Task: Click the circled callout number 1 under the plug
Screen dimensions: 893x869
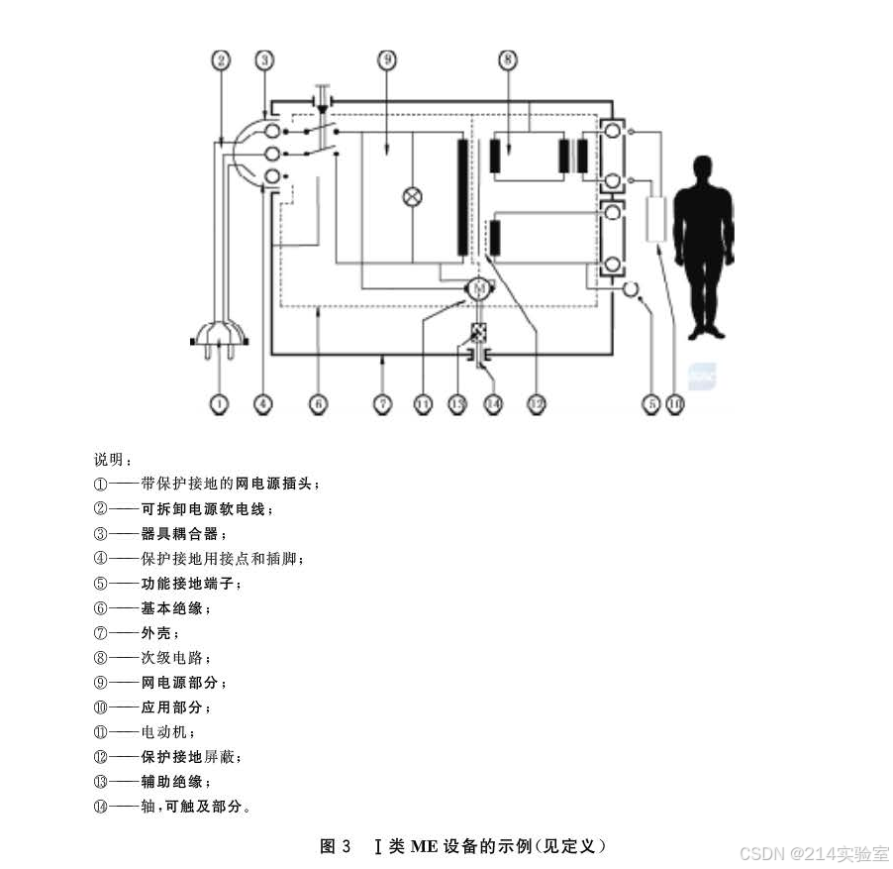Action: click(219, 404)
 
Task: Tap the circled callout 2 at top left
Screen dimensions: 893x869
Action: click(222, 60)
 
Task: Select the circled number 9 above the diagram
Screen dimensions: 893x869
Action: click(387, 60)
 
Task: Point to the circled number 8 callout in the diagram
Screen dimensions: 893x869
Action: click(508, 60)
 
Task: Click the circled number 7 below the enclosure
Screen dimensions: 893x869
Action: click(383, 404)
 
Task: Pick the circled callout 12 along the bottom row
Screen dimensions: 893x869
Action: click(536, 404)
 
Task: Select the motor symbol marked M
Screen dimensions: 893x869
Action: click(479, 288)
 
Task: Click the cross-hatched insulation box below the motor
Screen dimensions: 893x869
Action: click(478, 333)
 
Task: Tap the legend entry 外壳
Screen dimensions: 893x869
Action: click(157, 633)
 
